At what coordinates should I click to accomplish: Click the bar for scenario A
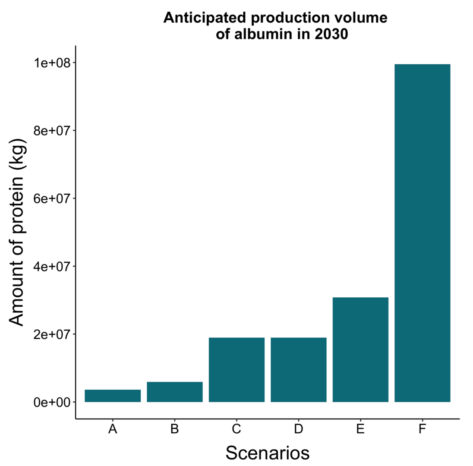pos(113,396)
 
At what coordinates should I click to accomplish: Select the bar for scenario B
pos(175,392)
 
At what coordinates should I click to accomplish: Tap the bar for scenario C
pos(236,369)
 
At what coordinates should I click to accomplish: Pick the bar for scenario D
pos(299,369)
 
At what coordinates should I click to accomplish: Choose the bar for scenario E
pos(360,349)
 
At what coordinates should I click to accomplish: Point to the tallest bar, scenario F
pos(423,233)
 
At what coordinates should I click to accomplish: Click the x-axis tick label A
pos(113,429)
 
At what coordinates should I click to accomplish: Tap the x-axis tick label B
pos(175,429)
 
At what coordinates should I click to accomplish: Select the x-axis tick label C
pos(236,429)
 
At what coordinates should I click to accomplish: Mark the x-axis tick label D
pos(299,429)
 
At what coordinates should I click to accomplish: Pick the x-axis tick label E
pos(360,429)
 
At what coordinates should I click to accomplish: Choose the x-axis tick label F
pos(423,429)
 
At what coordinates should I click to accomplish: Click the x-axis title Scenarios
pos(268,453)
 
